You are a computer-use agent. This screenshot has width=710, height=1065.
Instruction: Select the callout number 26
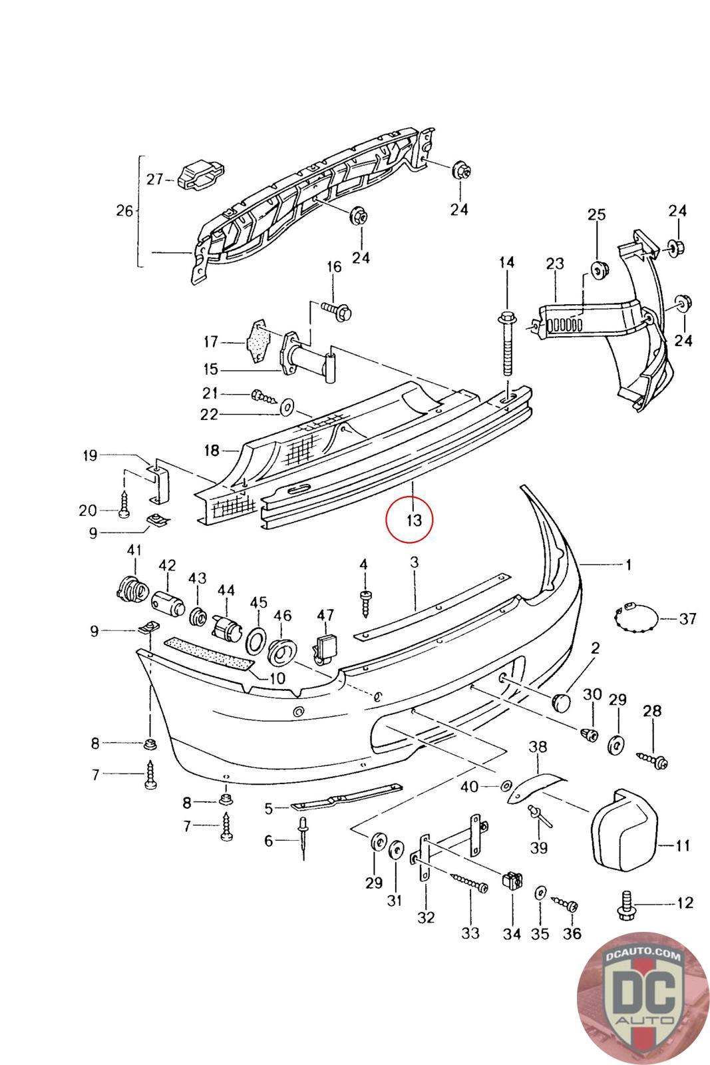coord(124,211)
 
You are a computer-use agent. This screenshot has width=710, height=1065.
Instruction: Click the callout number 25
coord(597,215)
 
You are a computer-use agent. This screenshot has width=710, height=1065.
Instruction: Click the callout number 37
coord(687,619)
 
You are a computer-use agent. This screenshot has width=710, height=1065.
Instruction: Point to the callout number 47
coord(325,615)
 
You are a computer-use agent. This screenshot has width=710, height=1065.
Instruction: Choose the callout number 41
coord(134,550)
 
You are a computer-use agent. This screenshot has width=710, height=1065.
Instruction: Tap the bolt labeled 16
coord(339,310)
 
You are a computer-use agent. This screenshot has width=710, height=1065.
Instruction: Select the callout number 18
coord(212,451)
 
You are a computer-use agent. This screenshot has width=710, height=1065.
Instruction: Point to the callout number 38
coord(537,747)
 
